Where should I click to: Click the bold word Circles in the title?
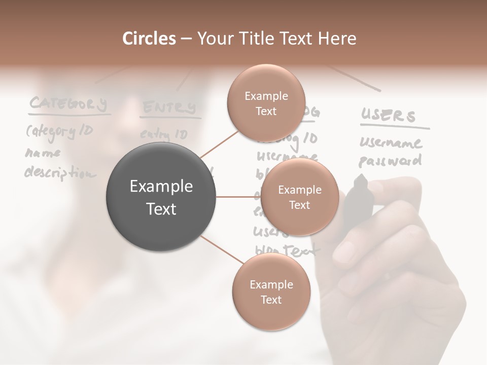pyautogui.click(x=149, y=39)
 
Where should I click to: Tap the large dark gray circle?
pyautogui.click(x=161, y=197)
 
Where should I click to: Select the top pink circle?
pyautogui.click(x=265, y=103)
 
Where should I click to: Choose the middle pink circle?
pyautogui.click(x=300, y=197)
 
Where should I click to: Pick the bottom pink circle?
pyautogui.click(x=271, y=292)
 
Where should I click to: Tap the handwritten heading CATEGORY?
pyautogui.click(x=68, y=104)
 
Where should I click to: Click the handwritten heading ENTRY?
pyautogui.click(x=169, y=108)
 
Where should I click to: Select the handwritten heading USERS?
pyautogui.click(x=388, y=116)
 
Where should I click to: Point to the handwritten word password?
pyautogui.click(x=390, y=161)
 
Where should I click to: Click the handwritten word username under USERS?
pyautogui.click(x=390, y=143)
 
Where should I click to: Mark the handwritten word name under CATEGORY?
pyautogui.click(x=43, y=153)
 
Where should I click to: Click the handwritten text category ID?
pyautogui.click(x=59, y=131)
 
